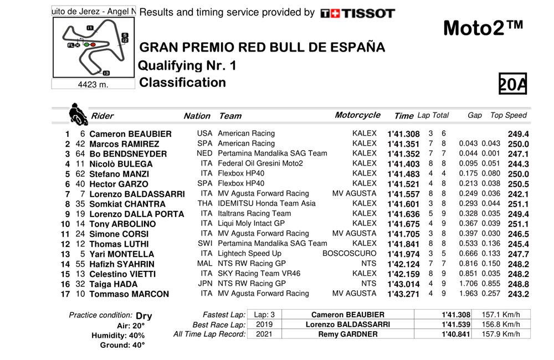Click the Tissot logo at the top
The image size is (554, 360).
coord(357,13)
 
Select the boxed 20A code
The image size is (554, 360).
coord(512,85)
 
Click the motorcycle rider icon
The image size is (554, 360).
coord(78,115)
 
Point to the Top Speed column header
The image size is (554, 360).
coord(509,115)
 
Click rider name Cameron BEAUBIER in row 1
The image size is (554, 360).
coord(130,134)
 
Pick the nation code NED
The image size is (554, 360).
coord(205,153)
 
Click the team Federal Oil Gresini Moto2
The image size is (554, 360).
coord(260,163)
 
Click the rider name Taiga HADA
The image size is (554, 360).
coord(113,284)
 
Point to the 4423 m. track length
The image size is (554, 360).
coord(93,85)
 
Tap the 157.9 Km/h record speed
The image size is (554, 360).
coord(502,334)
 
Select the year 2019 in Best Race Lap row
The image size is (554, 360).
coord(263,324)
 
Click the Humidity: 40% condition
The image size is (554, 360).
coord(122,335)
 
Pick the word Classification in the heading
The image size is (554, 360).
coord(183,83)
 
